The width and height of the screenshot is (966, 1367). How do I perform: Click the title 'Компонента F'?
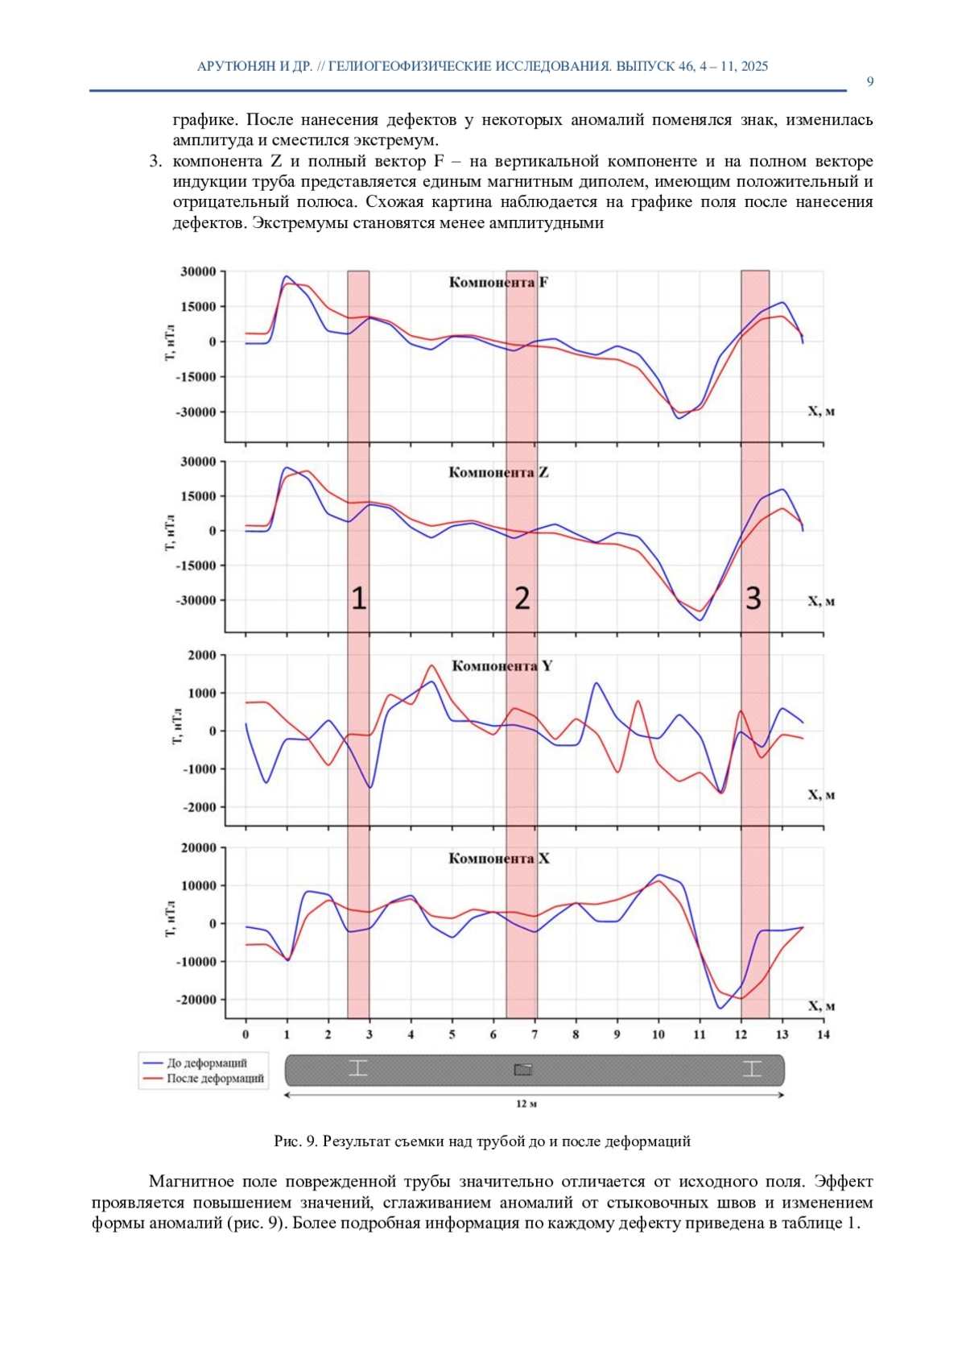tap(498, 283)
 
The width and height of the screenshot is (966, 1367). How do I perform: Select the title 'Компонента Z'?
tap(498, 473)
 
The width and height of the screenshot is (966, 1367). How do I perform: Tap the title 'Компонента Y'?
tap(502, 666)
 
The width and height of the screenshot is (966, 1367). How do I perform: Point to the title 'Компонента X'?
tap(499, 859)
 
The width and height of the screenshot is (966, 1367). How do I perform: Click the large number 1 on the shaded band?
tap(358, 599)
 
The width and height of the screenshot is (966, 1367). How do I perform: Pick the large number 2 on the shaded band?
tap(522, 599)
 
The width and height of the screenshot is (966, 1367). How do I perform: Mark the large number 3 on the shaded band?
tap(753, 599)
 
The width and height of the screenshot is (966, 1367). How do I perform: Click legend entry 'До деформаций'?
tap(207, 1063)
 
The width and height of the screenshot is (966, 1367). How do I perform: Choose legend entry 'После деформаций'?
tap(215, 1079)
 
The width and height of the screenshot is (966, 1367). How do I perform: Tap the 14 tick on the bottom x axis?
tap(823, 1034)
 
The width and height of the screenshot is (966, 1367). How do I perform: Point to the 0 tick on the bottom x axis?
tap(246, 1034)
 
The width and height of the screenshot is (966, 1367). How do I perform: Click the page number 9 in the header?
tap(870, 81)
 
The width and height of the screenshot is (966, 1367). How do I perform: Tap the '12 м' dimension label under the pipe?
tap(526, 1104)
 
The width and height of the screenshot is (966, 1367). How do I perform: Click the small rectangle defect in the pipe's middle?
tap(523, 1070)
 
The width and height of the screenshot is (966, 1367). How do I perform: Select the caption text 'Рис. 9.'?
tap(296, 1141)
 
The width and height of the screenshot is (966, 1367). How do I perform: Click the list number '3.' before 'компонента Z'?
tap(155, 162)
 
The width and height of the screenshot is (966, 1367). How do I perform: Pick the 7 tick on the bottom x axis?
tap(535, 1034)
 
